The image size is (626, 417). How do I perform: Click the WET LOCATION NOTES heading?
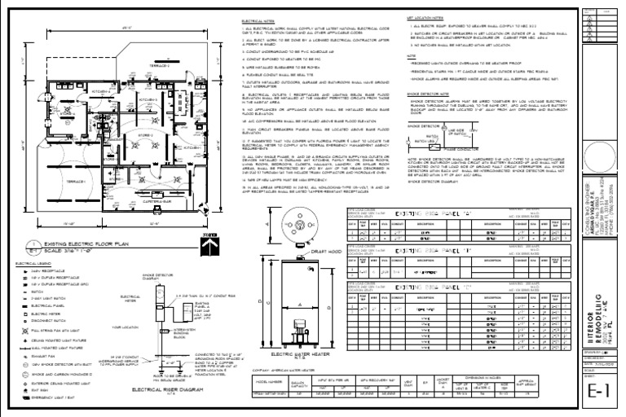pos(425,15)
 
